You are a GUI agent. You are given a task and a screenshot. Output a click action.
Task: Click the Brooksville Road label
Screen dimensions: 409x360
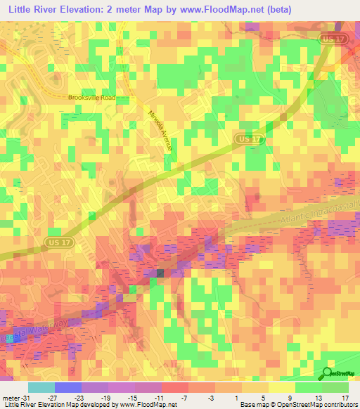[x=91, y=98]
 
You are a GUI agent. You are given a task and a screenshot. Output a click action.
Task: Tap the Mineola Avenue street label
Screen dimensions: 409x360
[x=160, y=131]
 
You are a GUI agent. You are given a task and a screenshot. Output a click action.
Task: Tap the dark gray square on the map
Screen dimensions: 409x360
[x=160, y=273]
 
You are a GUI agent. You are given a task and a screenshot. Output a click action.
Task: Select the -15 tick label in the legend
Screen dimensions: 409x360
[x=134, y=397]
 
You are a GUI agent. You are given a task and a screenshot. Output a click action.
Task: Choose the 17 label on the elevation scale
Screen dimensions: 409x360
[x=345, y=397]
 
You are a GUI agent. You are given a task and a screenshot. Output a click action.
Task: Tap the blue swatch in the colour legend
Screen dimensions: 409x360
[x=67, y=387]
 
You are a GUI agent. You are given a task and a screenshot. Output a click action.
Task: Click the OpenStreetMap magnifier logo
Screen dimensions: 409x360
[x=328, y=374]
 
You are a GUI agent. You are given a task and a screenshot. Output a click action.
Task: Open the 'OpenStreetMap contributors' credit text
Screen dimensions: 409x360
[x=317, y=405]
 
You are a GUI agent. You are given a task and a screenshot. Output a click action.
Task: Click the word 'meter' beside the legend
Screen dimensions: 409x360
[x=10, y=397]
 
